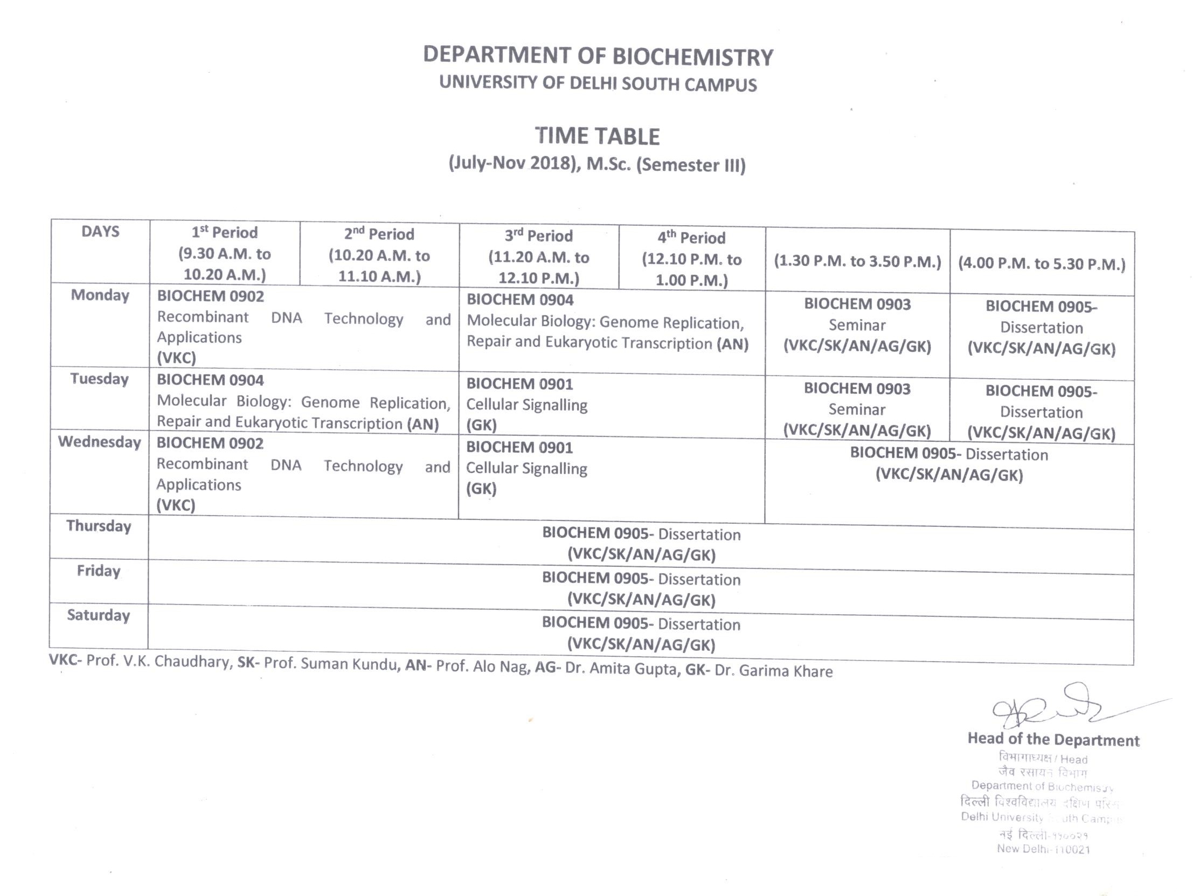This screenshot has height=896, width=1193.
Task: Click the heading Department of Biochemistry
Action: [x=598, y=57]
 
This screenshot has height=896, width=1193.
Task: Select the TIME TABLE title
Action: [x=597, y=136]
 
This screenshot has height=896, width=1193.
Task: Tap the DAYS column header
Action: [x=100, y=232]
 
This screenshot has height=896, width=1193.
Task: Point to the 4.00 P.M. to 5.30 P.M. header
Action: [x=1042, y=264]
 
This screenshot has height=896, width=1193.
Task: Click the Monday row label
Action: [x=100, y=295]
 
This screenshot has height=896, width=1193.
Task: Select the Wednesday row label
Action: [x=99, y=442]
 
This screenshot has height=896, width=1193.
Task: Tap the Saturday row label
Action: [x=99, y=615]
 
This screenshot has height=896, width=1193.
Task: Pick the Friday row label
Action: [x=99, y=571]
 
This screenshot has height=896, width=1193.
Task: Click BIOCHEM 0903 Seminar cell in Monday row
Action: [x=857, y=325]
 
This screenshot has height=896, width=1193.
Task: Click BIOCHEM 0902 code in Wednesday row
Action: [x=210, y=443]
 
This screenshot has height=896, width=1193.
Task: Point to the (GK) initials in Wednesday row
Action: [x=481, y=489]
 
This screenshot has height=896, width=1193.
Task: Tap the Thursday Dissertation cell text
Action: [x=641, y=544]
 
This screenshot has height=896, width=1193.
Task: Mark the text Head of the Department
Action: [x=1053, y=739]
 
